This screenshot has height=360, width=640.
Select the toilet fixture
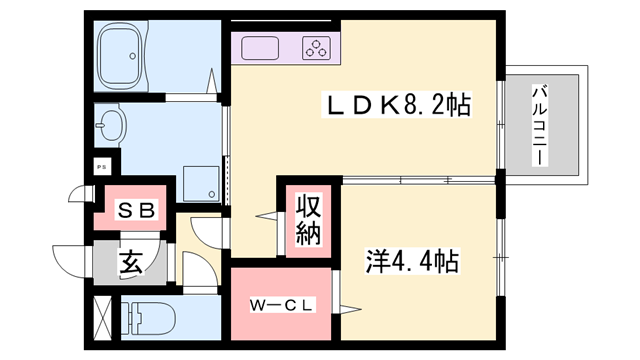(x=147, y=318)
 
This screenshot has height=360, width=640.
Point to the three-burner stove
(x=317, y=47)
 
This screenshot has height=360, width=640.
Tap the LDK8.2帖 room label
(x=396, y=103)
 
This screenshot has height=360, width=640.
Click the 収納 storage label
(x=306, y=222)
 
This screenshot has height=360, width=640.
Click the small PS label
(x=101, y=167)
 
